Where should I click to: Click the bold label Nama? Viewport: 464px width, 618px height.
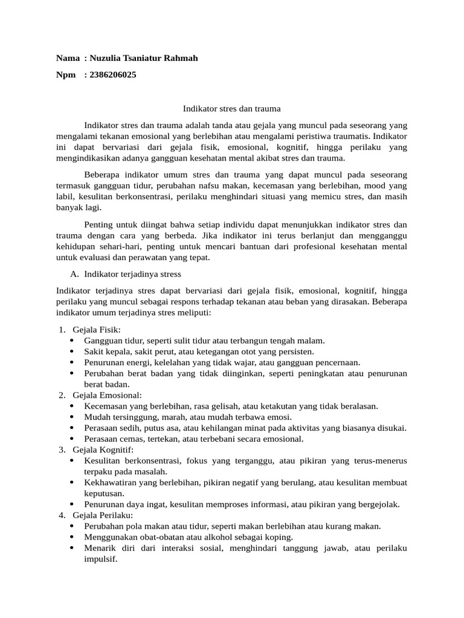click(x=68, y=58)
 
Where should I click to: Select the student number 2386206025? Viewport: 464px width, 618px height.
click(x=112, y=75)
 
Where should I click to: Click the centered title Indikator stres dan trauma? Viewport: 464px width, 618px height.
click(x=232, y=109)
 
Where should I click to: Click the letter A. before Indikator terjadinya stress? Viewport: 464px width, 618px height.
click(x=76, y=273)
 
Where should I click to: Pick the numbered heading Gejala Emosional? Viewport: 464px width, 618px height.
click(x=107, y=395)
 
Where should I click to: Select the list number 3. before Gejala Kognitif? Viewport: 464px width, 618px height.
click(x=62, y=450)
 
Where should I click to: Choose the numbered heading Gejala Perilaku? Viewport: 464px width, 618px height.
click(x=102, y=515)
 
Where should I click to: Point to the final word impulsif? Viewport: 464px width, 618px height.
click(x=100, y=559)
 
